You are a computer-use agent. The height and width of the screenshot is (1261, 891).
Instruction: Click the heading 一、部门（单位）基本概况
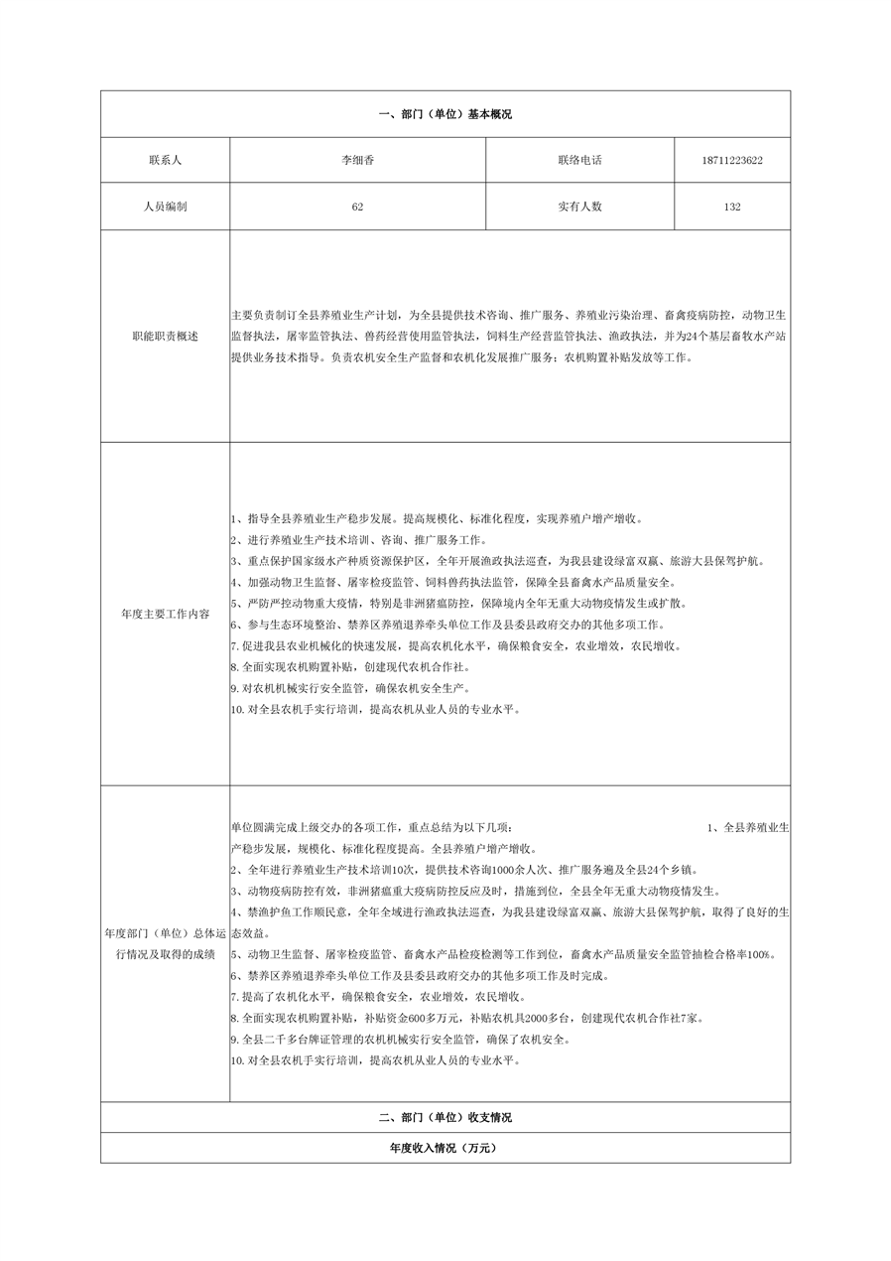[445, 114]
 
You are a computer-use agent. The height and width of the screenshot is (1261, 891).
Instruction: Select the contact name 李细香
[357, 160]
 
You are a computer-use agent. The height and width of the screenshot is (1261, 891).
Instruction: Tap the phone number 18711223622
[731, 160]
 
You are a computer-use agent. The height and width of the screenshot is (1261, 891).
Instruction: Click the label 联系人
[165, 160]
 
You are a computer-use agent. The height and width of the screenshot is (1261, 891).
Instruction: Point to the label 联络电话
[579, 160]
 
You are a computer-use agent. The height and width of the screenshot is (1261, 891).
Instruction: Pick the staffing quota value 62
[357, 207]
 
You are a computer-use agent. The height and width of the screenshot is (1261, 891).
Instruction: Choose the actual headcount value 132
[732, 207]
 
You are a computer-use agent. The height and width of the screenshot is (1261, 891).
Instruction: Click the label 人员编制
[165, 207]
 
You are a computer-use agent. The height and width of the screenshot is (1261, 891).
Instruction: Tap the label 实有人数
[579, 207]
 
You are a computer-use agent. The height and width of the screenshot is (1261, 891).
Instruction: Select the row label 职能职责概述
[165, 337]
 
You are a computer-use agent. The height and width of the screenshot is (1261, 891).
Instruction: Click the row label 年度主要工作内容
[165, 614]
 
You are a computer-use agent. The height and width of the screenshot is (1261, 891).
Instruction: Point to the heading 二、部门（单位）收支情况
[445, 1117]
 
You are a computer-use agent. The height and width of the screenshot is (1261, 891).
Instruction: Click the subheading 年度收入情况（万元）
[445, 1148]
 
